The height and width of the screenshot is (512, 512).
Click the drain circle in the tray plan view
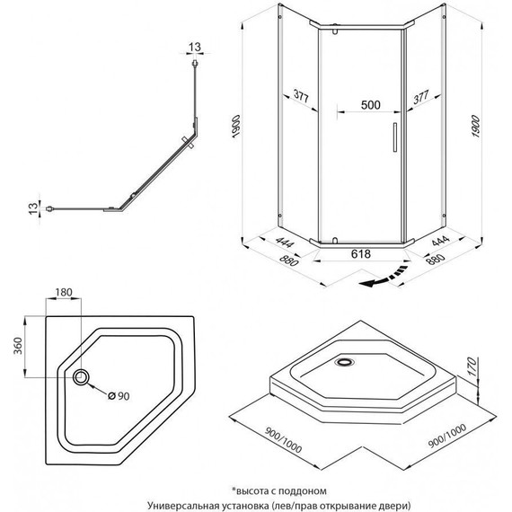pyautogui.click(x=84, y=378)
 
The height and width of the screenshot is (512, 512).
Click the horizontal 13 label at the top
pyautogui.click(x=195, y=47)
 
